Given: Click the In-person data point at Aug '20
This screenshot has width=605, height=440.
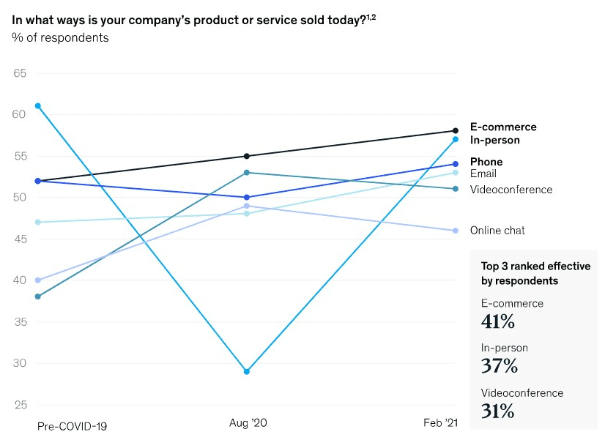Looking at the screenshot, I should coord(247,372).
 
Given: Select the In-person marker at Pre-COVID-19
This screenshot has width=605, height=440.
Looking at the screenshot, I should coord(37,106).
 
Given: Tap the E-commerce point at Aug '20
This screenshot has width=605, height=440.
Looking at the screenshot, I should coord(247,156).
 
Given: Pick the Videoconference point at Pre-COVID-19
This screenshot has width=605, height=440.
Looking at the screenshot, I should coord(37,297).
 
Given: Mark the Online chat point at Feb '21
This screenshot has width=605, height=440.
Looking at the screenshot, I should coord(456,231).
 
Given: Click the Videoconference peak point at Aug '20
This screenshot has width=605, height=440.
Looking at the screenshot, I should coord(247,173).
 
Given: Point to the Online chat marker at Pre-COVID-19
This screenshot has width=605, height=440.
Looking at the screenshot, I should coord(37,280).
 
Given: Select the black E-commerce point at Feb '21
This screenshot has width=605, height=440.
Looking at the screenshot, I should coord(456,131).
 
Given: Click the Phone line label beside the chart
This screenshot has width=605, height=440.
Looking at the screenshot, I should coord(486,162).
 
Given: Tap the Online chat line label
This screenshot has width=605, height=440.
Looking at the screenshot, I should coord(497,231).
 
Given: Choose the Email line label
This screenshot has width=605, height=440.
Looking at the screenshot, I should coord(483,174).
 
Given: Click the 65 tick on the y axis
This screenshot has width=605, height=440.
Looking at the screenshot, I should coord(20,73).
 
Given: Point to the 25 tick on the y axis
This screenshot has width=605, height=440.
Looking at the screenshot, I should coord(20,405).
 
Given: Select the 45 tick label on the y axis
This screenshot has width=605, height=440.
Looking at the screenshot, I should coord(20,239).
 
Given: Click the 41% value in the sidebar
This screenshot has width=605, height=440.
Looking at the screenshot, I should coord(497,321).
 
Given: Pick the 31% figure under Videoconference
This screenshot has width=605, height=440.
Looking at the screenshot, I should coord(497,411).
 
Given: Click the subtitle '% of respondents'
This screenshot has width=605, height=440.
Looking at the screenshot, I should coord(60,37).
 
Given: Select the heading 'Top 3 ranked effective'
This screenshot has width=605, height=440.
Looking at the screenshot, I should coord(535,266).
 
